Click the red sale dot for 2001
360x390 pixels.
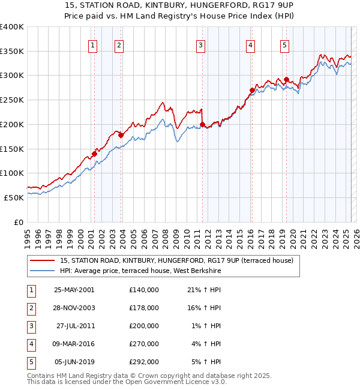tap(95, 154)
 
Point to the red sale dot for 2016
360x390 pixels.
tap(252, 91)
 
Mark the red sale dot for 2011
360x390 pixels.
tap(203, 124)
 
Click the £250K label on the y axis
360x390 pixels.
tap(12, 100)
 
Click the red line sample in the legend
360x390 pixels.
tap(43, 261)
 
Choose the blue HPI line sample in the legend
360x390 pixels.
tap(43, 271)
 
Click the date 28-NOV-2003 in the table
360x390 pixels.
tap(74, 308)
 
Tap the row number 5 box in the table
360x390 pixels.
tap(31, 362)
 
